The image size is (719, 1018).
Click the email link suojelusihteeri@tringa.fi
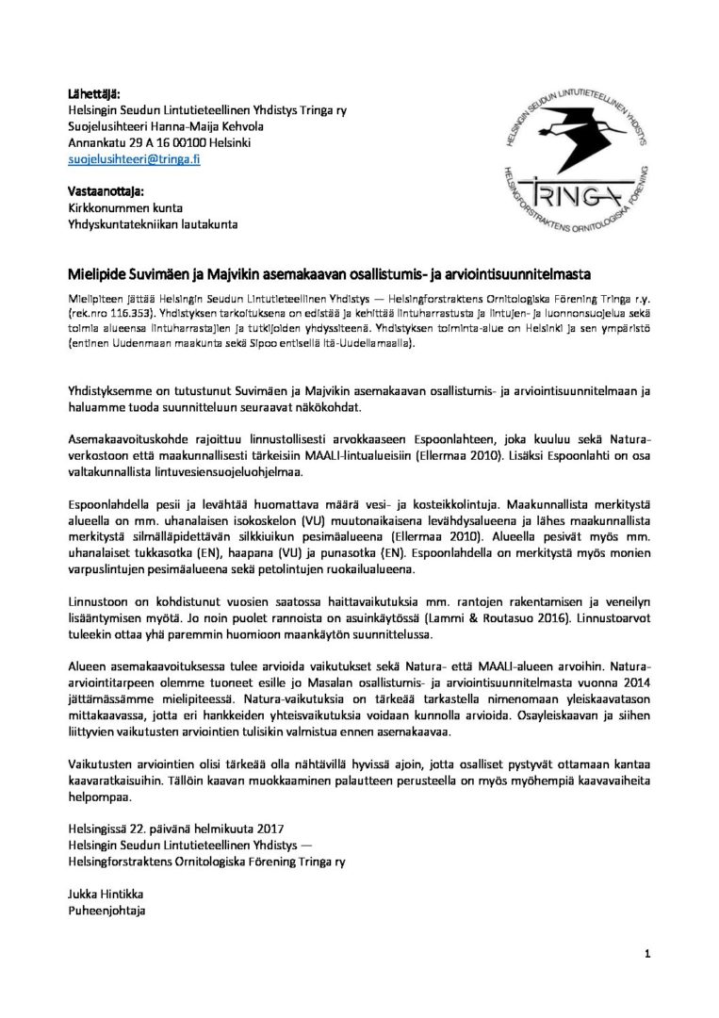[x=135, y=160]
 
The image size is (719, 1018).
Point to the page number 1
[x=648, y=954]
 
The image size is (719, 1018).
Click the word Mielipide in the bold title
[x=99, y=275]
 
